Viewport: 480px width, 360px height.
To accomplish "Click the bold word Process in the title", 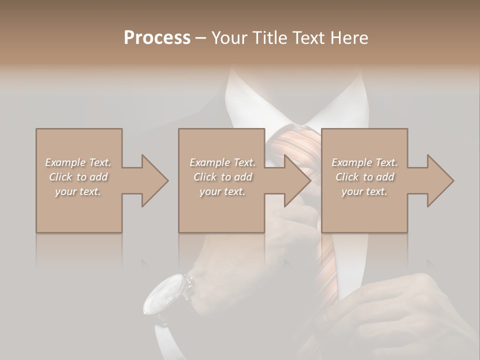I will tap(157, 38).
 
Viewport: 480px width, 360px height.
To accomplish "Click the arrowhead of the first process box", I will tap(153, 180).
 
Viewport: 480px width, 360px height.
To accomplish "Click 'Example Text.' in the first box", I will tap(78, 162).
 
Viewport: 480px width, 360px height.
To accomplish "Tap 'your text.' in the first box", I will tap(78, 191).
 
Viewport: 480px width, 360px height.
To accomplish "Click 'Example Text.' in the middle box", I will tap(222, 162).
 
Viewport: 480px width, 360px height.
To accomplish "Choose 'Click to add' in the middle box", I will tap(222, 177).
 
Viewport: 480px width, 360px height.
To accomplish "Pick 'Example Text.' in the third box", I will tap(364, 162).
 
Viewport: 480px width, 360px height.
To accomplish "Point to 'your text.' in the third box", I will tap(364, 191).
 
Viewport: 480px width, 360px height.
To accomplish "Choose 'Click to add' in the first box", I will tap(78, 177).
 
